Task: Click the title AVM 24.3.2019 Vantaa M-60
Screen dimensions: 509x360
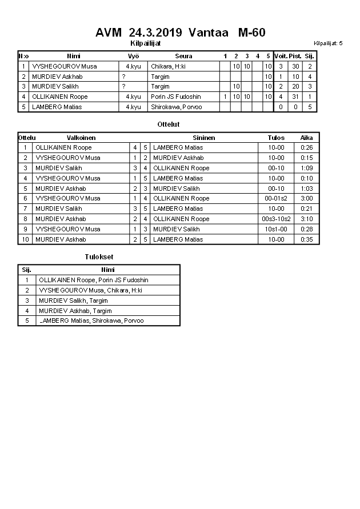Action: pos(180,33)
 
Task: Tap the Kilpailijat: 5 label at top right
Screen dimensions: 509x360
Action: pos(328,43)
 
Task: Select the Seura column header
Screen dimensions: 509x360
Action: pos(183,56)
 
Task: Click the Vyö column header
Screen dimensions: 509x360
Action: pos(133,56)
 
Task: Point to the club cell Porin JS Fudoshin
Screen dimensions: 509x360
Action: pos(175,97)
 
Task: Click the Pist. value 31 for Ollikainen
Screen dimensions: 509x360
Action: pos(295,97)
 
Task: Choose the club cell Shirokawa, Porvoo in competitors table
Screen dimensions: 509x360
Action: pos(176,107)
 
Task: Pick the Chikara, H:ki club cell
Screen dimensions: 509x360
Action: pos(168,66)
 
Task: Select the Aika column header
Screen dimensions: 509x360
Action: pos(307,138)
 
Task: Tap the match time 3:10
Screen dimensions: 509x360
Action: pos(307,219)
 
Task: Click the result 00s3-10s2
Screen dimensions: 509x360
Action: pos(276,219)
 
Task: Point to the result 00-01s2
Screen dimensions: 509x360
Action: pos(276,198)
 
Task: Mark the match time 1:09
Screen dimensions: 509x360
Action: pos(307,168)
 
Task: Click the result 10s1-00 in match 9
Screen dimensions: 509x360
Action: pos(276,229)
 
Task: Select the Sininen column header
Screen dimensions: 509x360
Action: pos(203,138)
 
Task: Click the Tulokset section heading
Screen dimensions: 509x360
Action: pos(99,258)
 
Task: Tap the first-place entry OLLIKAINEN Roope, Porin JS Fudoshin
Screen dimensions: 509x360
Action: pos(93,280)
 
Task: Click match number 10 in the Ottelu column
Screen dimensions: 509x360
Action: pos(25,239)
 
